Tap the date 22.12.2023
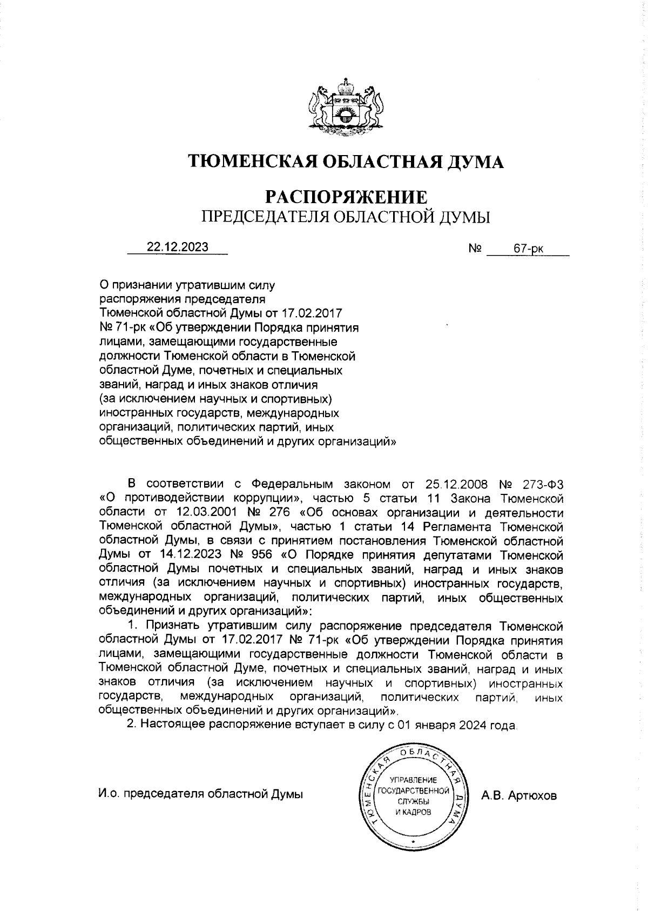(178, 247)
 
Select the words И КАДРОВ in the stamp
(413, 813)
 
